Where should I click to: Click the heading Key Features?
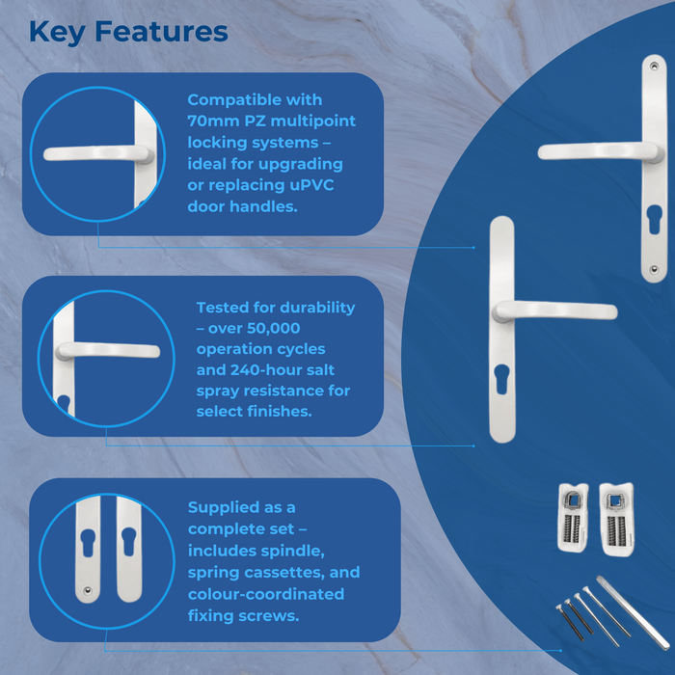[128, 31]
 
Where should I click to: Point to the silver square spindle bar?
[633, 610]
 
